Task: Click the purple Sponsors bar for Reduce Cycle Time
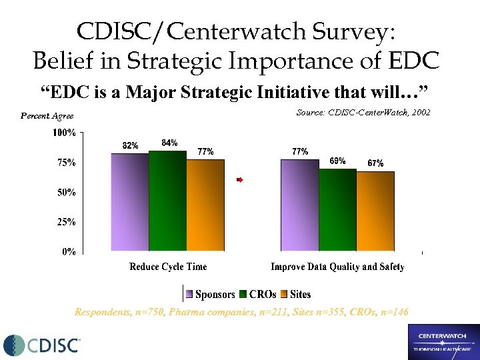[x=130, y=203]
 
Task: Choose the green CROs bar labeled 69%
[x=337, y=210]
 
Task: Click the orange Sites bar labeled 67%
[x=375, y=211]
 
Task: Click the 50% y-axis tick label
[x=65, y=192]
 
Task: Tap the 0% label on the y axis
[x=68, y=251]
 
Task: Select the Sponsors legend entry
[x=211, y=294]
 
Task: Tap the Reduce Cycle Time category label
[x=168, y=267]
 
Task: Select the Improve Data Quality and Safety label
[x=337, y=267]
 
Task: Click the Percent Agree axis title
[x=47, y=116]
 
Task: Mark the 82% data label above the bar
[x=130, y=146]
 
